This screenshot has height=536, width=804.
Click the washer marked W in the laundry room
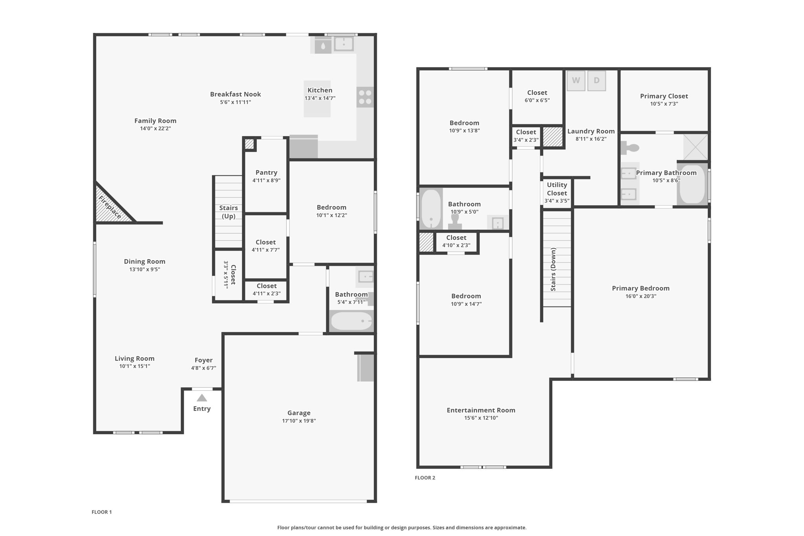coord(576,80)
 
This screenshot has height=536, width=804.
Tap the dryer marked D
coord(597,80)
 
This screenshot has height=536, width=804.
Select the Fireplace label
coord(110,207)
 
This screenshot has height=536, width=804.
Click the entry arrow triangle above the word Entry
coord(202,398)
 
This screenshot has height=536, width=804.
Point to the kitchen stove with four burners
coord(365,97)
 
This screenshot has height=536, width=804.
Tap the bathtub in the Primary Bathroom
coord(693,184)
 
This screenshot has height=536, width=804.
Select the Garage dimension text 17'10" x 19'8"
coord(299,421)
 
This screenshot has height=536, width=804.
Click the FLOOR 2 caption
coord(425,477)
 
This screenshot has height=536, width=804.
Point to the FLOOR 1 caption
coord(102,512)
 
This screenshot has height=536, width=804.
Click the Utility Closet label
coord(557,189)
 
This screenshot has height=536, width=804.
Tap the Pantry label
coord(266,172)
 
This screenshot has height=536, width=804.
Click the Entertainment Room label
coord(481,410)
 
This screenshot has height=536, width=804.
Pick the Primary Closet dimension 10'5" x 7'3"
coord(664,104)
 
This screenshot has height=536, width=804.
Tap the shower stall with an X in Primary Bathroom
coord(695,147)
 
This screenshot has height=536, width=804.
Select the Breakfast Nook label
coord(236,94)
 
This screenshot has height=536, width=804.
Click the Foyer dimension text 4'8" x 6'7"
coord(203,368)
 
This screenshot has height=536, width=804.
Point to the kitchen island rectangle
coord(317,99)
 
